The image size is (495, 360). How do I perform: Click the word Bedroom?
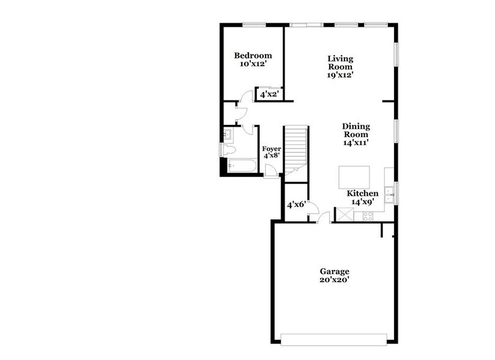(253, 56)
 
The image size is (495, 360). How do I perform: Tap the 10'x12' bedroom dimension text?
(253, 64)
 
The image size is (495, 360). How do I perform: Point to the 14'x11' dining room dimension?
(355, 142)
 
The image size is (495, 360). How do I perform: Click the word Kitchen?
(363, 193)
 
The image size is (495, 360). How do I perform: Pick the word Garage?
(334, 271)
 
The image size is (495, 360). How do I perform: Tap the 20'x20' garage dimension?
(334, 280)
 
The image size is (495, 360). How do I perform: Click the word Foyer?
(271, 148)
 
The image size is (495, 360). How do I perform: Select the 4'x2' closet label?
(268, 96)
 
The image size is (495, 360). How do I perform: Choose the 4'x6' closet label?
(296, 205)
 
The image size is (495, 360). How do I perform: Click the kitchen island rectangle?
(354, 178)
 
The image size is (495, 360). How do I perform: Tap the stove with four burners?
(368, 215)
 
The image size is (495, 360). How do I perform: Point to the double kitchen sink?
(390, 192)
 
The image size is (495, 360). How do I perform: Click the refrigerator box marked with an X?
(344, 214)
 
